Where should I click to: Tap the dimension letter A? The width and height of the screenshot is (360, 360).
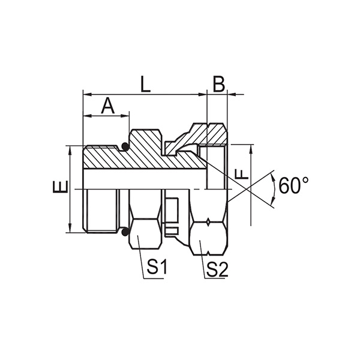(x=107, y=106)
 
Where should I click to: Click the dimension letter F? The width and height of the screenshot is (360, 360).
(x=241, y=175)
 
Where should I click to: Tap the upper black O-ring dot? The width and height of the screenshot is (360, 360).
(x=125, y=146)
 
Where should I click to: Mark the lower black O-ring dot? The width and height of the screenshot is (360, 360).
(x=125, y=232)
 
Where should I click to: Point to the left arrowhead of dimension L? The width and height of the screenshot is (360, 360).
(x=85, y=94)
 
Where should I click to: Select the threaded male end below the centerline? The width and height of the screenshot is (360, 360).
(x=102, y=210)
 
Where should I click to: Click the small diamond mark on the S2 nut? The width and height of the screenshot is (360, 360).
(x=207, y=223)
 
